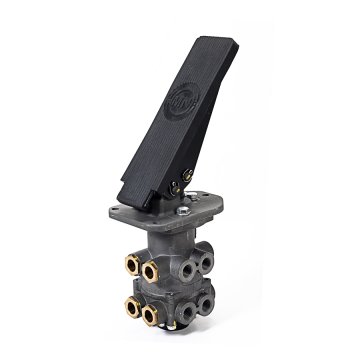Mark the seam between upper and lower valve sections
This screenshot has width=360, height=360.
(170, 289)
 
